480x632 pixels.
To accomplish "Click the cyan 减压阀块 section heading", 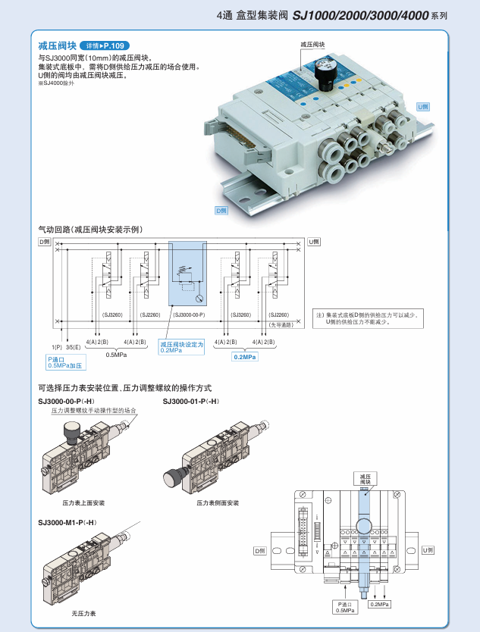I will (x=57, y=45).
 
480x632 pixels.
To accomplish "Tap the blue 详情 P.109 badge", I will (x=103, y=45).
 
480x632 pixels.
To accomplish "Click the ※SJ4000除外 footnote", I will (x=57, y=83).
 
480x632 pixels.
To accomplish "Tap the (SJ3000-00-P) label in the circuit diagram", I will (x=190, y=314).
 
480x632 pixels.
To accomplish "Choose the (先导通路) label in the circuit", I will (x=280, y=324).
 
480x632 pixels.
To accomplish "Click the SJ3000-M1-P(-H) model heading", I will (x=67, y=522).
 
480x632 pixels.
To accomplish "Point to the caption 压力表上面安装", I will (x=83, y=502).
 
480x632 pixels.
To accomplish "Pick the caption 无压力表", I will (x=83, y=612).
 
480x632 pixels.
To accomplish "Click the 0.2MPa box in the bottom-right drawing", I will (x=380, y=604).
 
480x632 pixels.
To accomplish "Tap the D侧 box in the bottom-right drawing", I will (x=261, y=551).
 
